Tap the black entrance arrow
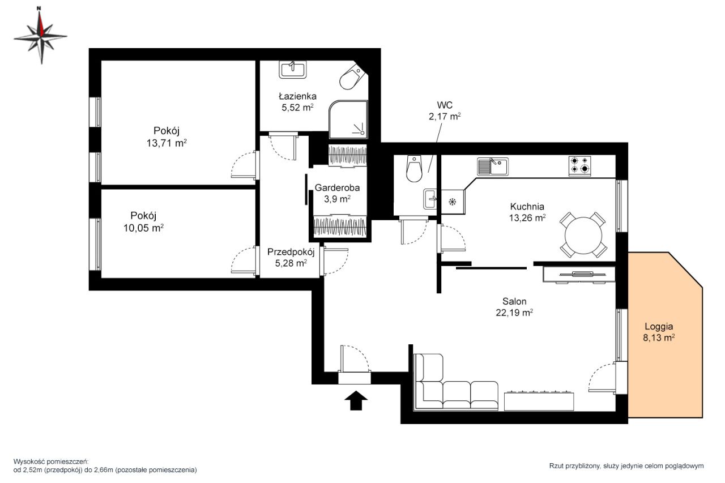pyautogui.click(x=356, y=400)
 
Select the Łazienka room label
pyautogui.click(x=298, y=96)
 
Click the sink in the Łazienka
pyautogui.click(x=293, y=70)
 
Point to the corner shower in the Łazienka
pyautogui.click(x=348, y=119)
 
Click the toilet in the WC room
pyautogui.click(x=414, y=169)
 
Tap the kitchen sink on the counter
pyautogui.click(x=493, y=166)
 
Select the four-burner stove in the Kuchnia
pyautogui.click(x=579, y=166)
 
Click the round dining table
pyautogui.click(x=583, y=235)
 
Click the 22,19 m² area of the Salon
pyautogui.click(x=514, y=313)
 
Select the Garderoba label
pyautogui.click(x=337, y=187)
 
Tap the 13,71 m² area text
pyautogui.click(x=167, y=143)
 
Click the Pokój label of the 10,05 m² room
pyautogui.click(x=143, y=216)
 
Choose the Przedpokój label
pyautogui.click(x=291, y=252)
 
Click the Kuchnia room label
pyautogui.click(x=527, y=207)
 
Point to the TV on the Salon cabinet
pyautogui.click(x=583, y=274)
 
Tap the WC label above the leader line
pyautogui.click(x=445, y=105)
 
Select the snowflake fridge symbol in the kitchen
pyautogui.click(x=452, y=202)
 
